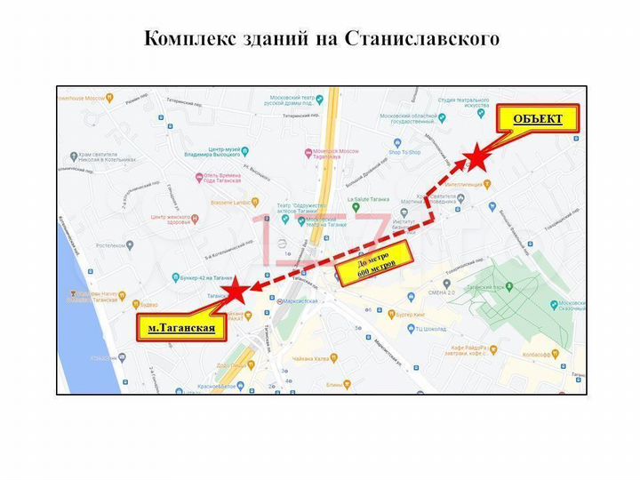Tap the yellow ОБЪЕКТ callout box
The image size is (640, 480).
[x=537, y=119]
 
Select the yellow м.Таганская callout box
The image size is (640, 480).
[x=181, y=328]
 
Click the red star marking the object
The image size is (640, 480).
[x=477, y=157]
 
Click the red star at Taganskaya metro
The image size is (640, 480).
[x=235, y=292]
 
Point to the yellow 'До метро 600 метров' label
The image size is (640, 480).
[x=375, y=264]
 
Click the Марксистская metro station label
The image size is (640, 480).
[x=297, y=301]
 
